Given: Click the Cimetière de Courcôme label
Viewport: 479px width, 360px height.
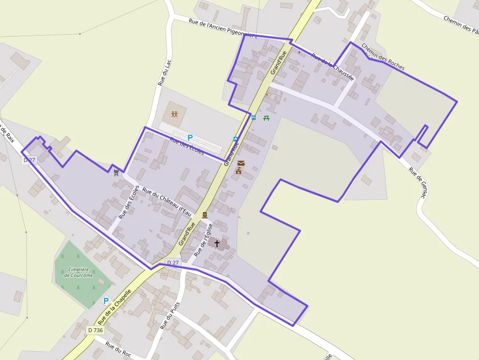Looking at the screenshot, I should tap(78, 272).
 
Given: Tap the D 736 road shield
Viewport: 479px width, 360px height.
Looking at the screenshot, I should tap(96, 330).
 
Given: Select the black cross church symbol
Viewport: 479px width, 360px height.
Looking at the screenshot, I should tap(217, 243).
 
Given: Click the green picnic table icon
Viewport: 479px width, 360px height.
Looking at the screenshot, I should tap(266, 118).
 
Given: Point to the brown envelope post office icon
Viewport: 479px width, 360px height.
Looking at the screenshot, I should tap(240, 163).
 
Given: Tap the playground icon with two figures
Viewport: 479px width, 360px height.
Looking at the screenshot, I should tap(175, 114).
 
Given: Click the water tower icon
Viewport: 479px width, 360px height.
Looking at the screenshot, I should tap(116, 172).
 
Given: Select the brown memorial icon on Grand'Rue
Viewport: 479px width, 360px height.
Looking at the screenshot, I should tap(205, 215).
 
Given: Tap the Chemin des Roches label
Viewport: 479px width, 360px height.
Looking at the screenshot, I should tap(383, 57).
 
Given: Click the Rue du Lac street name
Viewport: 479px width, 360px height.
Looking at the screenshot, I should tap(165, 72).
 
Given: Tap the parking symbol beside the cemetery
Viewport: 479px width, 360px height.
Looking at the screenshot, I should tap(106, 301).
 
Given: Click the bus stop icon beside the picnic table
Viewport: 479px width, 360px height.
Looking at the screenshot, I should tap(253, 117).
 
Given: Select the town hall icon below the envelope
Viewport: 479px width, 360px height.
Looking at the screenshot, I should tap(239, 171).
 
